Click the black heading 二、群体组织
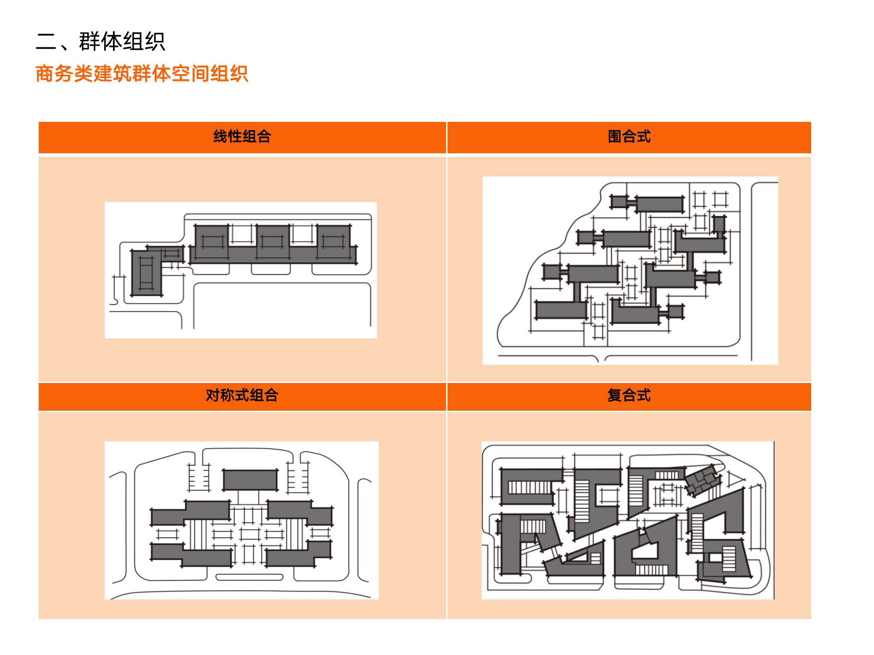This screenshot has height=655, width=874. (x=101, y=41)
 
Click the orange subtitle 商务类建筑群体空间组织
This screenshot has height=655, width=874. (x=142, y=74)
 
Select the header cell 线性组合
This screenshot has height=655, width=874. (x=242, y=136)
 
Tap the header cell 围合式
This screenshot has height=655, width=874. (x=629, y=136)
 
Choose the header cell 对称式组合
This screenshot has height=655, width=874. (x=242, y=395)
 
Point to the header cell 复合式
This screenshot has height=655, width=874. (x=629, y=395)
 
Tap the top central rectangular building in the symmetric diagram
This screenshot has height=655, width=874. (x=250, y=480)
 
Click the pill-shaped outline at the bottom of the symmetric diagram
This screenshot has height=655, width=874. (x=249, y=577)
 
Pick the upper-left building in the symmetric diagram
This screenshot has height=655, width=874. (x=191, y=513)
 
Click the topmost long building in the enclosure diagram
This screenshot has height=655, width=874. (x=660, y=204)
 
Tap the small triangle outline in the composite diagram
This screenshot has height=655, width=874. (x=734, y=479)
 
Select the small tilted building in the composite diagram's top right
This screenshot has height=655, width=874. (x=703, y=480)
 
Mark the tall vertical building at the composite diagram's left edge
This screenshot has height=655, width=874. (x=510, y=544)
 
